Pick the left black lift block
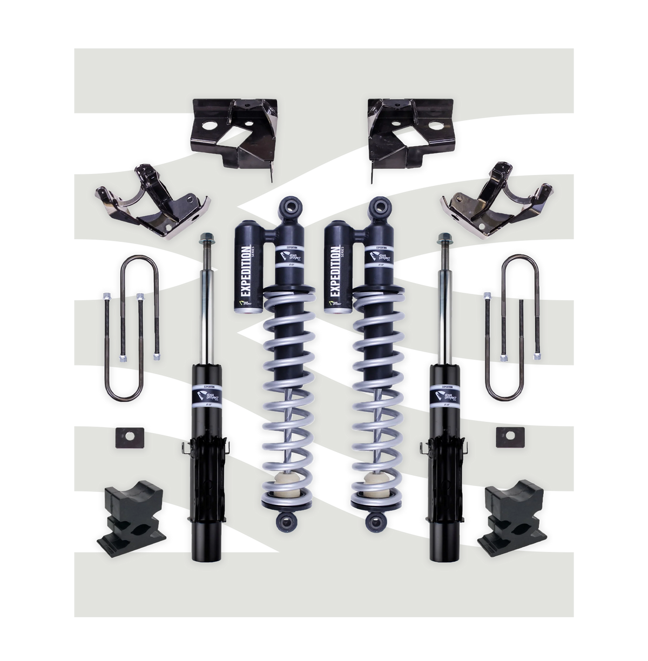pyautogui.click(x=130, y=516)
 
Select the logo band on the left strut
pyautogui.click(x=207, y=397)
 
